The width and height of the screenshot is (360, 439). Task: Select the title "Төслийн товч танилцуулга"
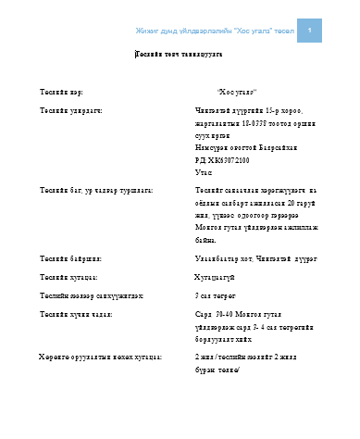pos(179,55)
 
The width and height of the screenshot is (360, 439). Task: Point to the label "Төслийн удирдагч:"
pos(70,109)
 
